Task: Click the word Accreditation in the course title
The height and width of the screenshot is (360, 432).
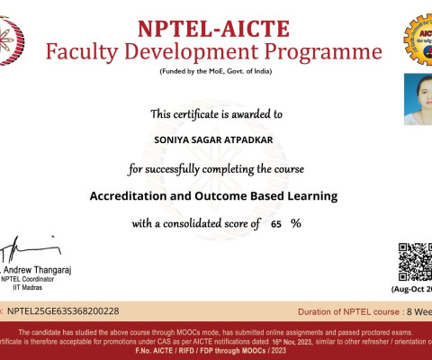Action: [x=134, y=195]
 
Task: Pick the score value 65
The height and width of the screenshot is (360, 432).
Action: [x=276, y=224]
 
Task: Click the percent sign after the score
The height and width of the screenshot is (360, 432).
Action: [x=295, y=224]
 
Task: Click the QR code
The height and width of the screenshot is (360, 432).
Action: [x=415, y=261]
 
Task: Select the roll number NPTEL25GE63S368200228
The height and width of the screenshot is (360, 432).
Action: [x=62, y=310]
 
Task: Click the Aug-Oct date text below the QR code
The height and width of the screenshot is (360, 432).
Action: [x=412, y=289]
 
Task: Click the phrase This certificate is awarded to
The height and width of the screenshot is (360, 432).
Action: [x=216, y=114]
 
